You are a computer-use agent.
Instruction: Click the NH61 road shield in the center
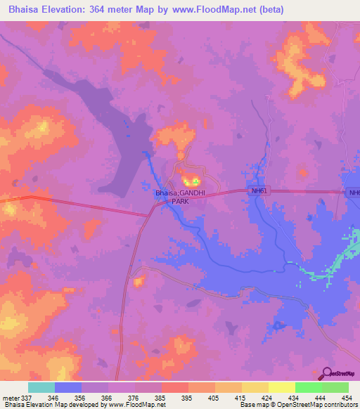[260, 190]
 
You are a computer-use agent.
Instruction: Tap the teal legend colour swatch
[41, 387]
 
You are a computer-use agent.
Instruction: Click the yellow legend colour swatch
[281, 387]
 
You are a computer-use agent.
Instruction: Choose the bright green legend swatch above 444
[308, 387]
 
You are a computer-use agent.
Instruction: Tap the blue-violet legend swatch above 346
[68, 387]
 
